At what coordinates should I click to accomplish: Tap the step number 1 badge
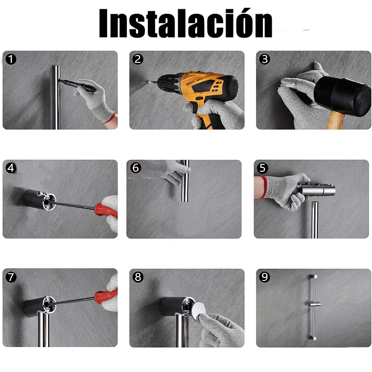11,59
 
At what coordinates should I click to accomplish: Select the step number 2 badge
138,59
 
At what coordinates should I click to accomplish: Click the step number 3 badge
265,59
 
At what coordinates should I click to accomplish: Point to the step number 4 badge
11,168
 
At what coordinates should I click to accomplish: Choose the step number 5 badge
263,168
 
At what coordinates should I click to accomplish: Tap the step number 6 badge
136,168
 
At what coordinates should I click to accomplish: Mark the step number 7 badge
11,277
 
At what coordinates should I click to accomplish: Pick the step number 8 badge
138,277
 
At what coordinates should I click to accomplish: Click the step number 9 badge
265,277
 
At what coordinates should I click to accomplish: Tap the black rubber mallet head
343,95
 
